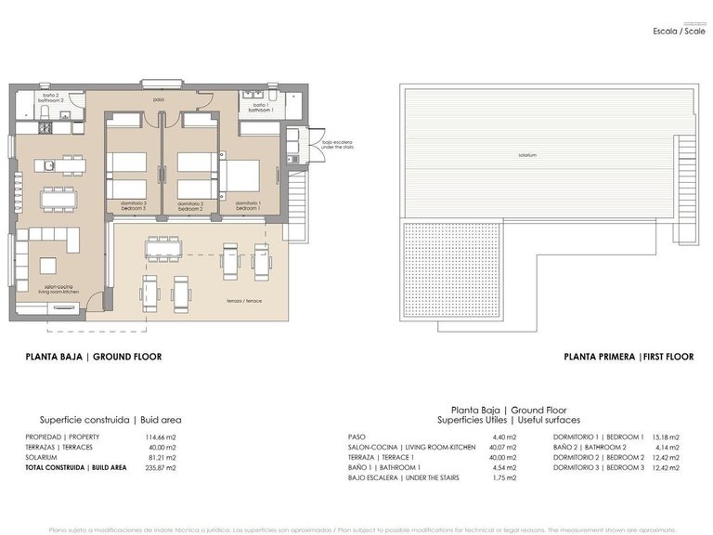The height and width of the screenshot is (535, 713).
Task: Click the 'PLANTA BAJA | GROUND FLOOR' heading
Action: click(x=93, y=357)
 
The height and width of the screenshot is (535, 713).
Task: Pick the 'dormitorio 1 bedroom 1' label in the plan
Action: click(x=247, y=205)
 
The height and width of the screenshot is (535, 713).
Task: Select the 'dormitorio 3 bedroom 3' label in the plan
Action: click(x=134, y=205)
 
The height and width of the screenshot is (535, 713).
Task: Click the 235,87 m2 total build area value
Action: click(x=162, y=468)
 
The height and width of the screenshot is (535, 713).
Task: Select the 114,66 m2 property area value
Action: click(x=162, y=437)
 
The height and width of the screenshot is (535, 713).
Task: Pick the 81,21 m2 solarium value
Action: click(x=162, y=458)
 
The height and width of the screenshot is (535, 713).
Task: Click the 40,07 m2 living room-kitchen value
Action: click(x=503, y=447)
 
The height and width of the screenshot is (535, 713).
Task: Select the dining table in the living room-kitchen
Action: click(x=58, y=199)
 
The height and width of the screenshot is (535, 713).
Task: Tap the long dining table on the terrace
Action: click(x=169, y=248)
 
